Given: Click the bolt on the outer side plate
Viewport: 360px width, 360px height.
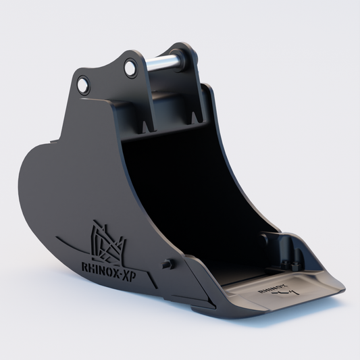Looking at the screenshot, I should [x=166, y=264].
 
